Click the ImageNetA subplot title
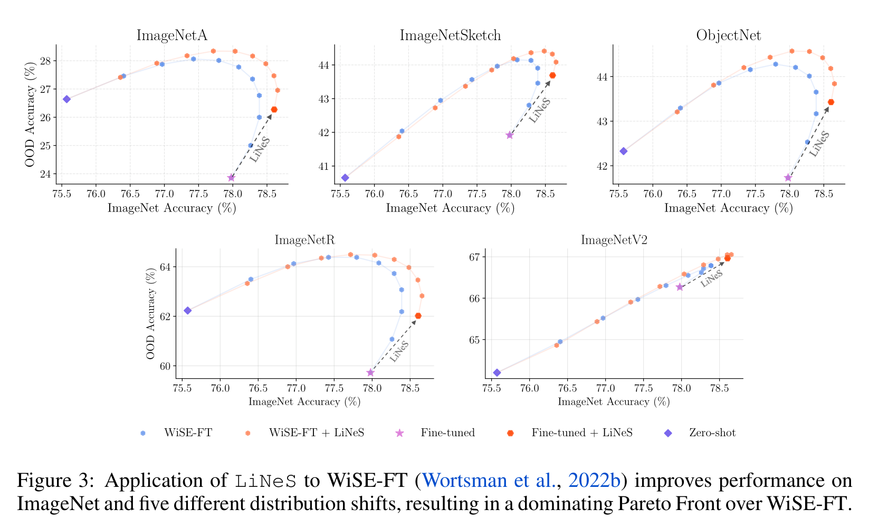171,35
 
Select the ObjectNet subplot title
728,35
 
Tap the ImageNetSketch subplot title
450,35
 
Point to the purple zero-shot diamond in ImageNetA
66,99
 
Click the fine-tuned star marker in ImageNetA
231,178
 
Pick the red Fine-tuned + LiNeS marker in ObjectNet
831,102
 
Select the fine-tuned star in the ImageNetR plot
370,372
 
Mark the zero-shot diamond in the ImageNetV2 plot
496,372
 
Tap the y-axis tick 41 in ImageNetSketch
322,166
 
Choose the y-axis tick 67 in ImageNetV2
473,257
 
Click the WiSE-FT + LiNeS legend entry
317,433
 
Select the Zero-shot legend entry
712,433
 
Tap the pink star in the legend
399,433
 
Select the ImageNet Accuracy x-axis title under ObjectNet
728,208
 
